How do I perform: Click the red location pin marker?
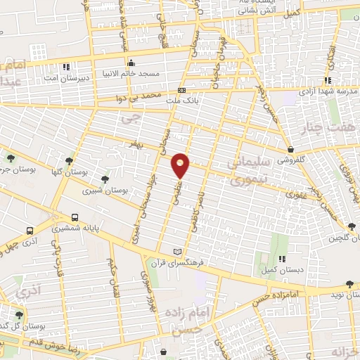[x=181, y=165]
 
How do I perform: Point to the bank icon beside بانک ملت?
[x=181, y=90]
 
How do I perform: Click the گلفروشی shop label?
[x=290, y=160]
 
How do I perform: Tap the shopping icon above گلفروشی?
[x=290, y=149]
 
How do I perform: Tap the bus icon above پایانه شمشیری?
[x=75, y=217]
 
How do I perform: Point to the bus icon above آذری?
[x=30, y=230]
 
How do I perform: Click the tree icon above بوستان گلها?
[x=68, y=161]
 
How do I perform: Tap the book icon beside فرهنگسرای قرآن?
[x=177, y=252]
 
